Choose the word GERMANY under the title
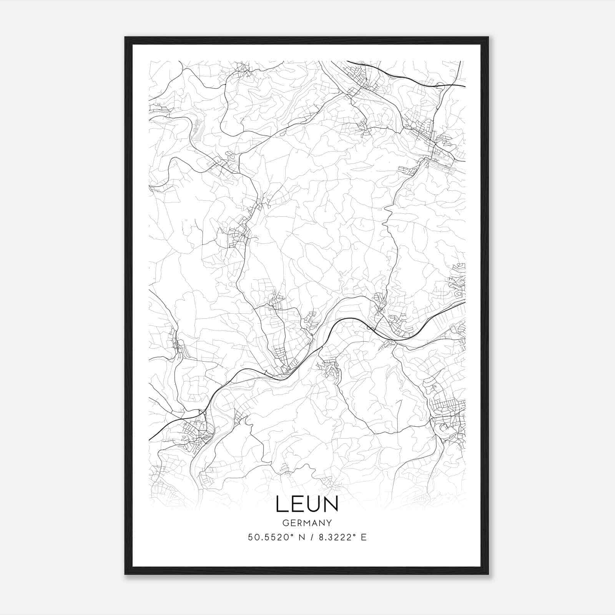[307, 523]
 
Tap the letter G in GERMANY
[285, 523]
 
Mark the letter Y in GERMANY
[329, 523]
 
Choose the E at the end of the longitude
[364, 537]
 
